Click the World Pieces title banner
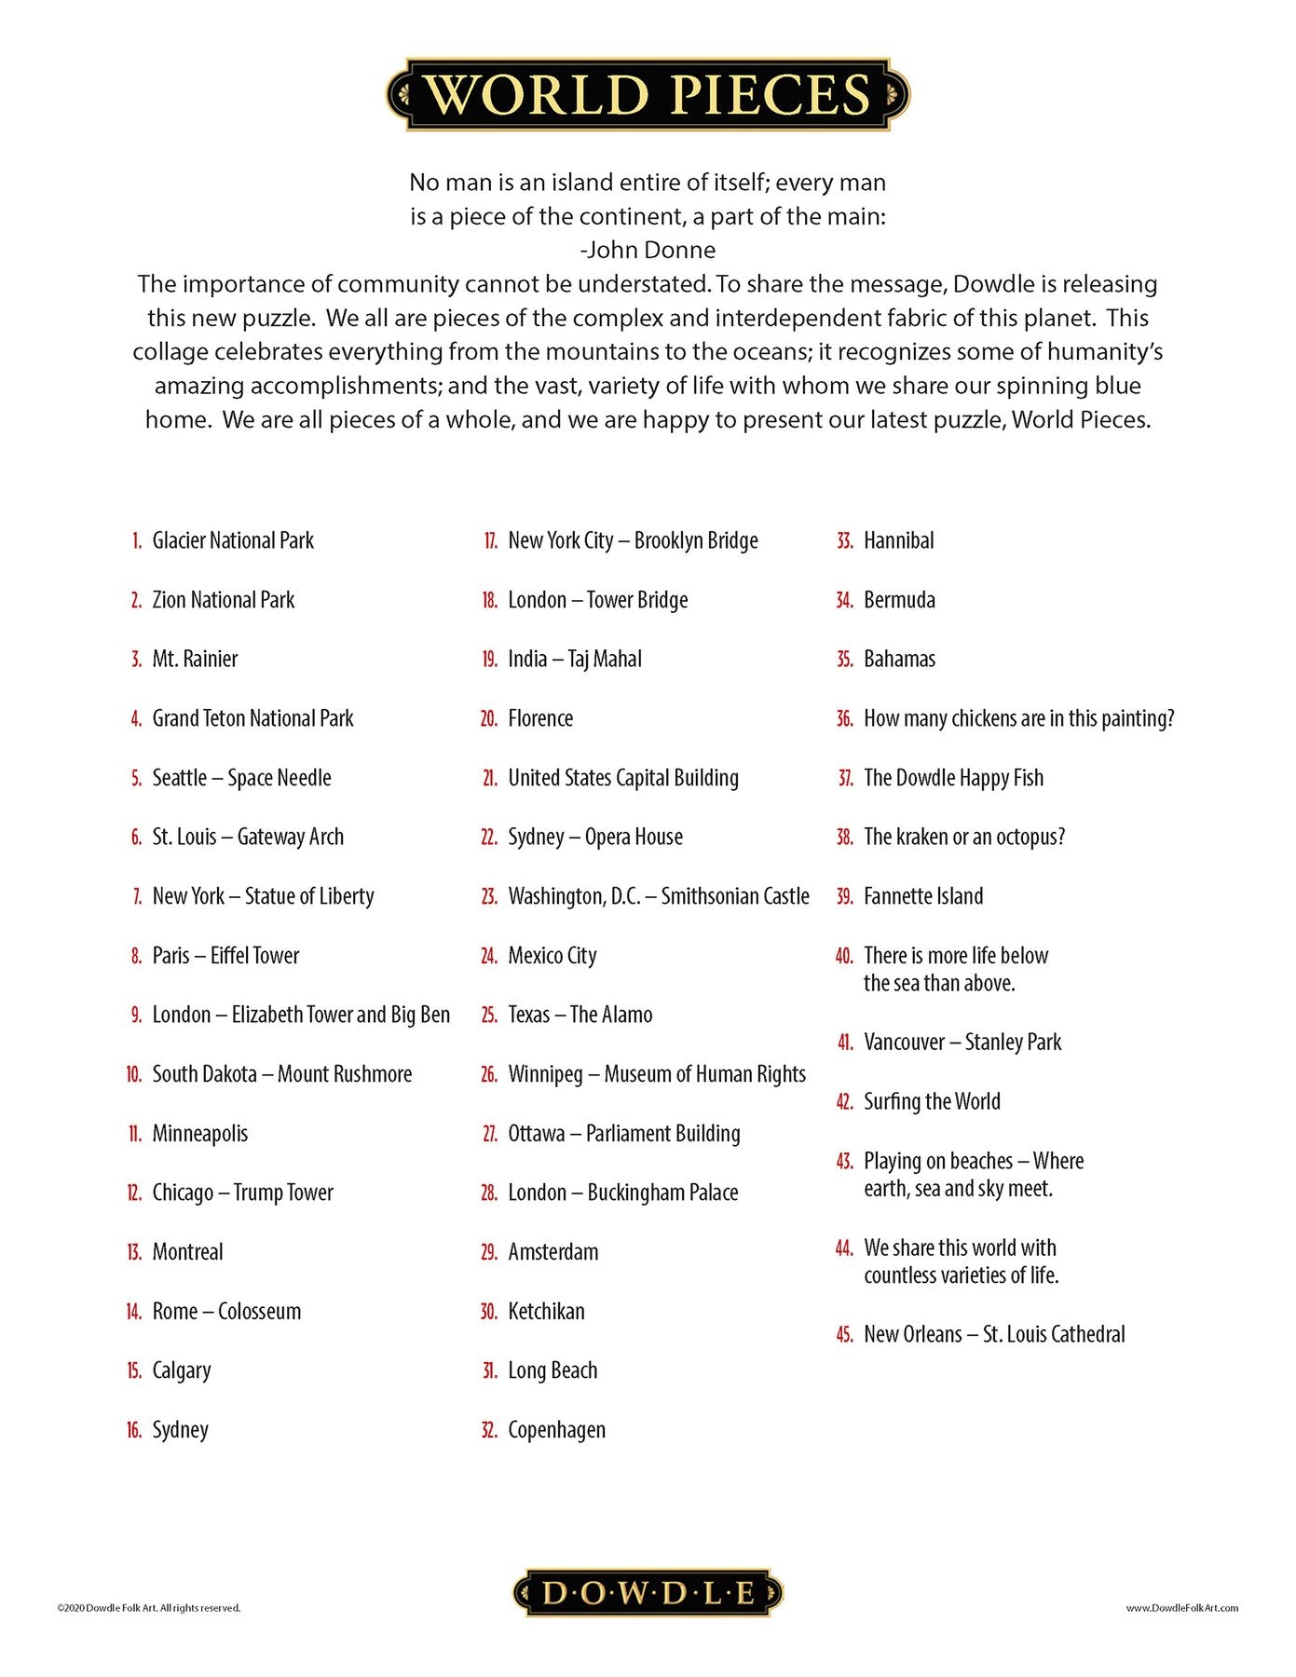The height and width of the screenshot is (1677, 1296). (648, 94)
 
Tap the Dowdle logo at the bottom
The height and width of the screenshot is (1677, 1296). (648, 1592)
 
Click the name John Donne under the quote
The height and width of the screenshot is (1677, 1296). (648, 250)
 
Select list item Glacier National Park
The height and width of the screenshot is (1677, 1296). (233, 540)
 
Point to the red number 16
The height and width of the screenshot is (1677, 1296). (134, 1430)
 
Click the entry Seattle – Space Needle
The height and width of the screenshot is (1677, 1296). (241, 778)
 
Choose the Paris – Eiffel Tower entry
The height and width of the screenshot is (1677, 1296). (225, 956)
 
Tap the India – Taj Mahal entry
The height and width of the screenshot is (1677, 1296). (574, 660)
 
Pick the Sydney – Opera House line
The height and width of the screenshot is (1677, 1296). (594, 838)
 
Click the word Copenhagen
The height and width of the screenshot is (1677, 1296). (556, 1430)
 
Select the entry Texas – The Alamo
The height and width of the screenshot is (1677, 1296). (580, 1015)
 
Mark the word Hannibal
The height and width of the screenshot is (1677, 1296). (898, 540)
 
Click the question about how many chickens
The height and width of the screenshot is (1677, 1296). (1018, 718)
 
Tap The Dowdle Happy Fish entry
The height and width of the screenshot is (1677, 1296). (953, 778)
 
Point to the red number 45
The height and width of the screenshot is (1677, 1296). (844, 1335)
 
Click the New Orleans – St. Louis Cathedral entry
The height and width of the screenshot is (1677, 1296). (994, 1334)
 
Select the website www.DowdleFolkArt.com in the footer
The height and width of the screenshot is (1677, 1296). (1181, 1608)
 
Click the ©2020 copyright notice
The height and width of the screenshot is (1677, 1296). (149, 1608)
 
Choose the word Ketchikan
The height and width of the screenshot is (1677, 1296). (546, 1312)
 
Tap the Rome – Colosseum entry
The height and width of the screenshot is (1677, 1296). (226, 1312)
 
